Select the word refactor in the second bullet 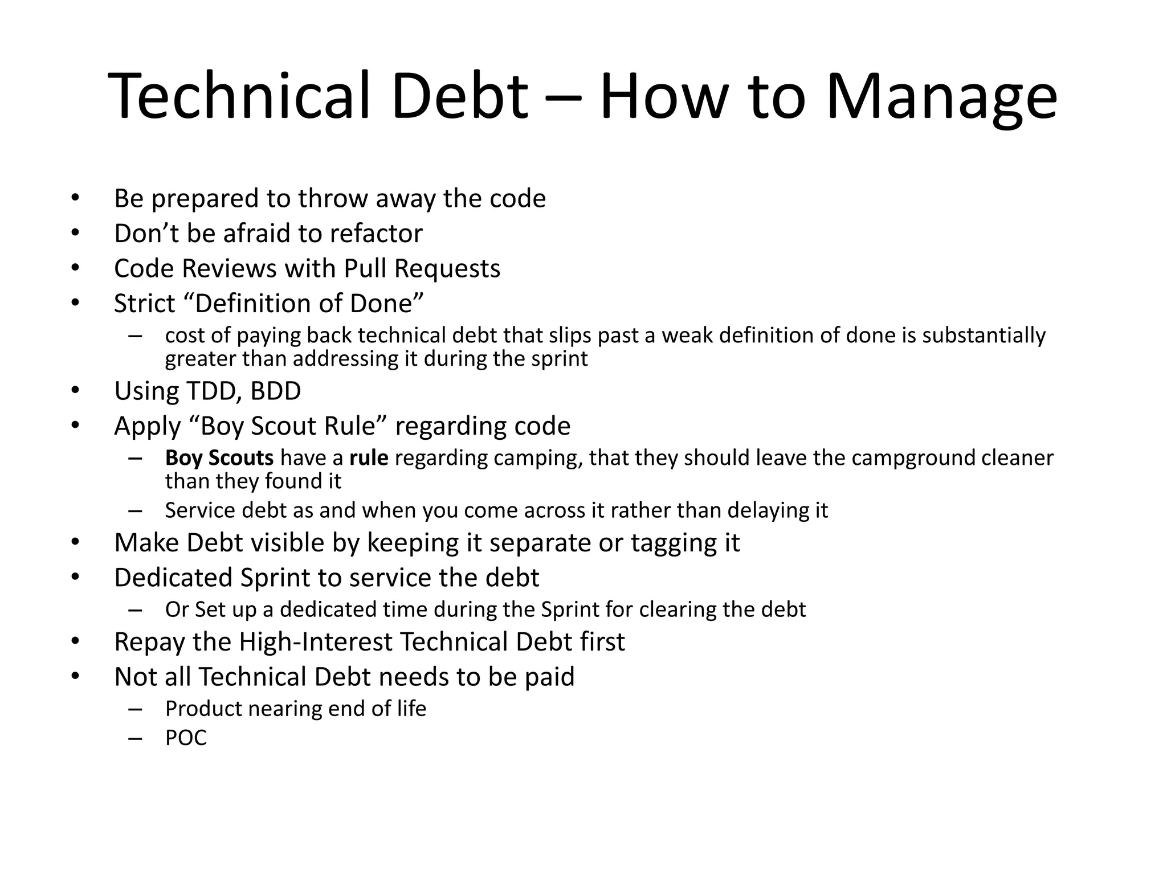(376, 234)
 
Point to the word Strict (145, 304)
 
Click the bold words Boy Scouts (219, 458)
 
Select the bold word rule (369, 458)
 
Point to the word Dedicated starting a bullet (173, 578)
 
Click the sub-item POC (186, 738)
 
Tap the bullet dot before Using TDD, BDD (76, 391)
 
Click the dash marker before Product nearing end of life (135, 709)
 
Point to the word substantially (984, 336)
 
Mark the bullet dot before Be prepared (76, 198)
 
